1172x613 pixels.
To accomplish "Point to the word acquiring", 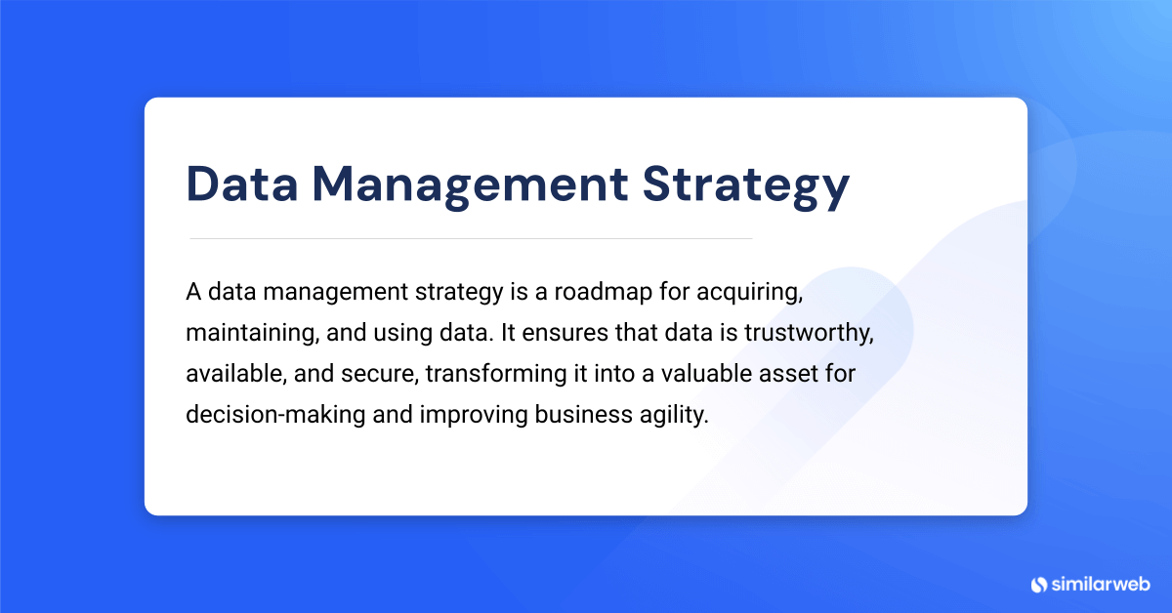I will pos(750,293).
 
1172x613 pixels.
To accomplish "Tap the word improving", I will pos(472,414).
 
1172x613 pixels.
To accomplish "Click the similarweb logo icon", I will pos(1039,584).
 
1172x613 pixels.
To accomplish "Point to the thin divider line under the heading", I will pos(470,238).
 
